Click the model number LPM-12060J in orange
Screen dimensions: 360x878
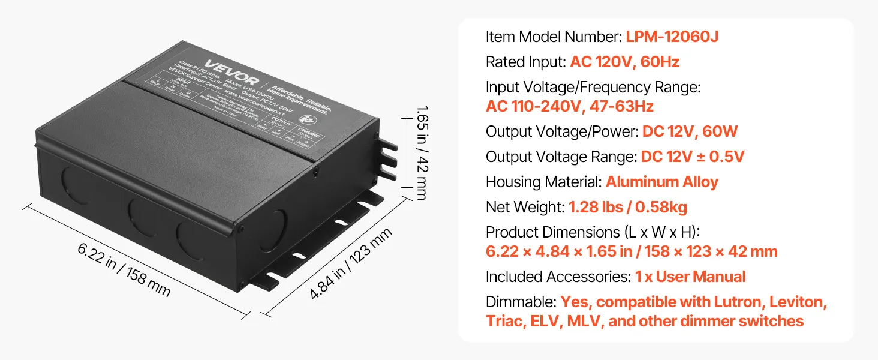672,37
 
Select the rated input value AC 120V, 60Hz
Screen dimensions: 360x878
624,62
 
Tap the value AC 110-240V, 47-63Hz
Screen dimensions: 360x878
569,107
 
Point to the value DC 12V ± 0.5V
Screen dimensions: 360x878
693,157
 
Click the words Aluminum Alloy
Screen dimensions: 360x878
661,182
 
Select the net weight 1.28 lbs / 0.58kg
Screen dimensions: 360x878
628,208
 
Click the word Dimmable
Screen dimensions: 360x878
521,302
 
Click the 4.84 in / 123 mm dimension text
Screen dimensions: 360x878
352,264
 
